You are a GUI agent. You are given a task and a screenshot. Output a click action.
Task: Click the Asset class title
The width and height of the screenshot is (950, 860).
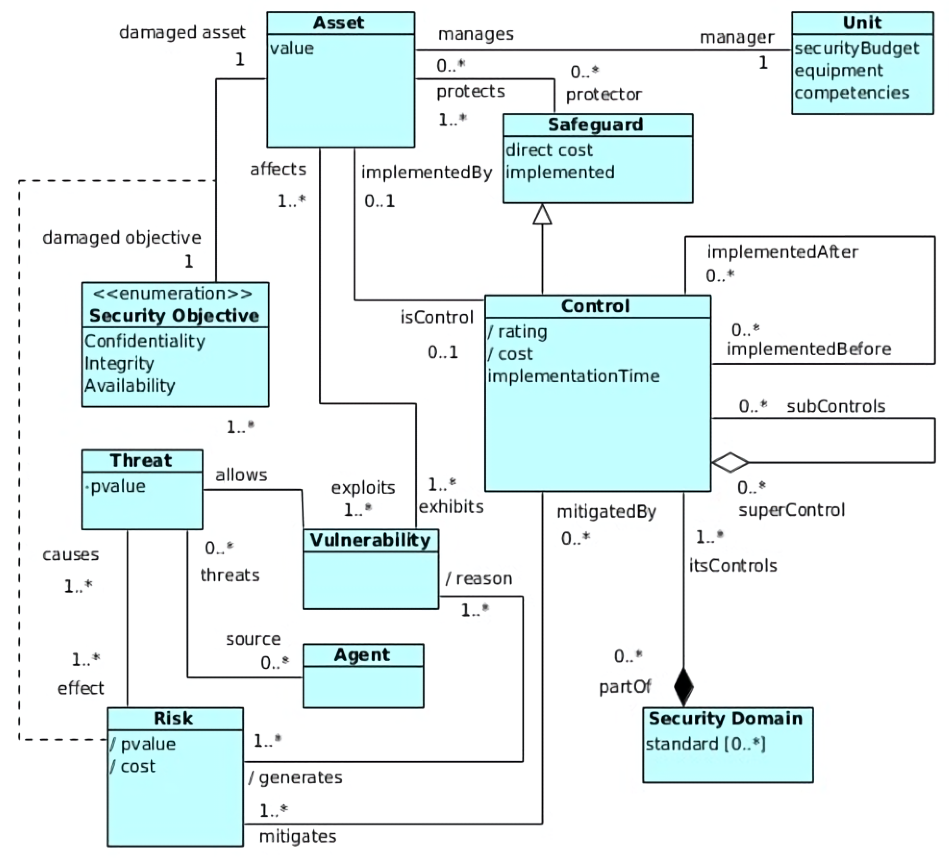(338, 22)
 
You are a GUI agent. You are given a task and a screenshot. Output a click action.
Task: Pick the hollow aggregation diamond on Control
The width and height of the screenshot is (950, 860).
(729, 462)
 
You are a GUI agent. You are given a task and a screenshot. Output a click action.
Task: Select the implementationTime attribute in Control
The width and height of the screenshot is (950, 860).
(574, 376)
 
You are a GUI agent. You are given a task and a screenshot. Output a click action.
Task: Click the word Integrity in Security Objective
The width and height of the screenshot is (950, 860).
(119, 363)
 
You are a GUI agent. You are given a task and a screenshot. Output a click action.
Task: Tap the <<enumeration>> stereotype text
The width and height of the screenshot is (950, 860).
(173, 294)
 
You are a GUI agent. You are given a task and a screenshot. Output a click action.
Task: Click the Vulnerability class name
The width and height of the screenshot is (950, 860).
(370, 540)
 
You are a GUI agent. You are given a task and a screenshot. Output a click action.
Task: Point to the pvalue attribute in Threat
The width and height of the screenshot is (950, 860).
(118, 486)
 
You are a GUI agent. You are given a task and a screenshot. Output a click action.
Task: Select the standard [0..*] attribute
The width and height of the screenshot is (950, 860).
(705, 744)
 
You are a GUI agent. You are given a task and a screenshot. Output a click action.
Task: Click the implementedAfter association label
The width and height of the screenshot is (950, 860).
(782, 252)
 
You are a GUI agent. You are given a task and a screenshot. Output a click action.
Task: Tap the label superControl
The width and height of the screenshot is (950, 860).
(791, 510)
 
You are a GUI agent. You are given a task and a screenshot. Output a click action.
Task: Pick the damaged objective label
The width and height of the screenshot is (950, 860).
(122, 237)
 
